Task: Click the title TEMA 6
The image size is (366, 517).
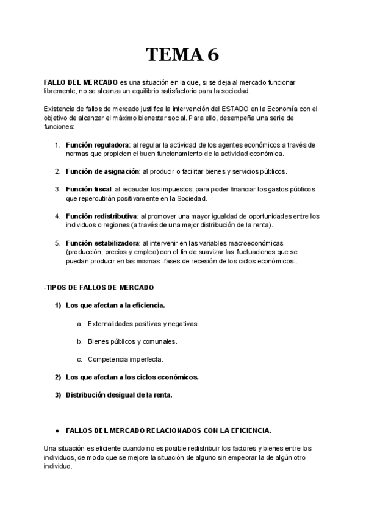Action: [x=182, y=55]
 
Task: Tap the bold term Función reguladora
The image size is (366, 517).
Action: [x=98, y=144]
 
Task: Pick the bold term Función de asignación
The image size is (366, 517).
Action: [x=102, y=171]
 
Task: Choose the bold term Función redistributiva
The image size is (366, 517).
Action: [x=101, y=216]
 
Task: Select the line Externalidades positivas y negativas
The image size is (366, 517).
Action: [x=143, y=323]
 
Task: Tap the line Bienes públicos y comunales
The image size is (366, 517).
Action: [x=132, y=341]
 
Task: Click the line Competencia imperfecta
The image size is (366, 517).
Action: [x=125, y=359]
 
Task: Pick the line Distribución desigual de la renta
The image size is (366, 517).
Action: [x=119, y=394]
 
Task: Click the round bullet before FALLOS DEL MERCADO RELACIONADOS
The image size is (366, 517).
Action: [x=57, y=430]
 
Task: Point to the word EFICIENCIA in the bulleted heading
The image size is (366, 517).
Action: [x=249, y=430]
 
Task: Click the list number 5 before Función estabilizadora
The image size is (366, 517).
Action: [x=57, y=243]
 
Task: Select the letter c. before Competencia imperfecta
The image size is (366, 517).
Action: [x=80, y=359]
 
